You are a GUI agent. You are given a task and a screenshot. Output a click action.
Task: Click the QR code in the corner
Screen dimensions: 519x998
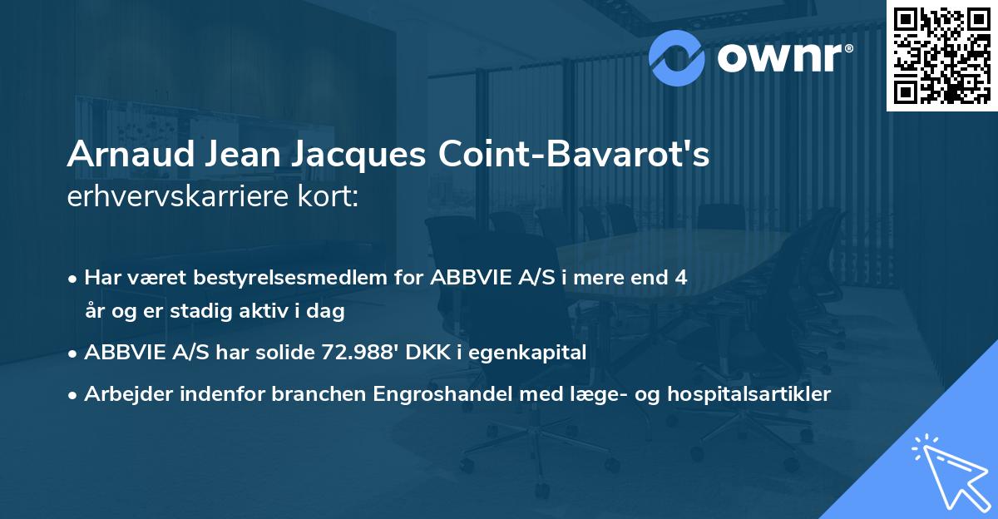point(941,56)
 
